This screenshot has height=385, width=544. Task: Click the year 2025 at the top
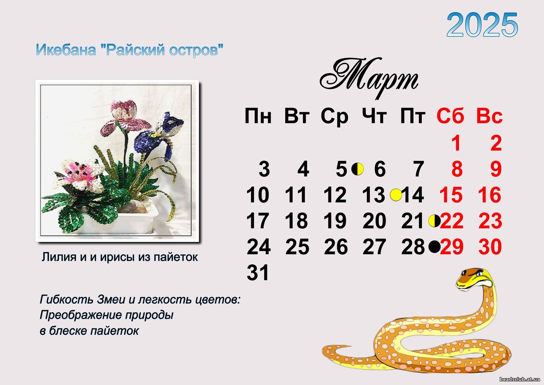(x=482, y=25)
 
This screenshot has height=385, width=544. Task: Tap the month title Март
(x=369, y=78)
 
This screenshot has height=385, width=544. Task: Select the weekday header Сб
(x=450, y=116)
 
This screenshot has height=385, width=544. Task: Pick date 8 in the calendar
(x=457, y=169)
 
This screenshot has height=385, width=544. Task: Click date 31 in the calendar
(x=258, y=272)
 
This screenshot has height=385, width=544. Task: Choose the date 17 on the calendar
(x=258, y=220)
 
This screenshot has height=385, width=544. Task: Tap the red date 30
(x=490, y=247)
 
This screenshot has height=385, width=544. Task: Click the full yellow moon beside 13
(x=396, y=195)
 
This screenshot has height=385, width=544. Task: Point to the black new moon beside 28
(x=434, y=247)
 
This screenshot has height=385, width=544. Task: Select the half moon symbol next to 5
(x=357, y=169)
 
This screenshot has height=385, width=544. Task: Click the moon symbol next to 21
(x=434, y=221)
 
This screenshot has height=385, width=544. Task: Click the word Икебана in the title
(x=66, y=50)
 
